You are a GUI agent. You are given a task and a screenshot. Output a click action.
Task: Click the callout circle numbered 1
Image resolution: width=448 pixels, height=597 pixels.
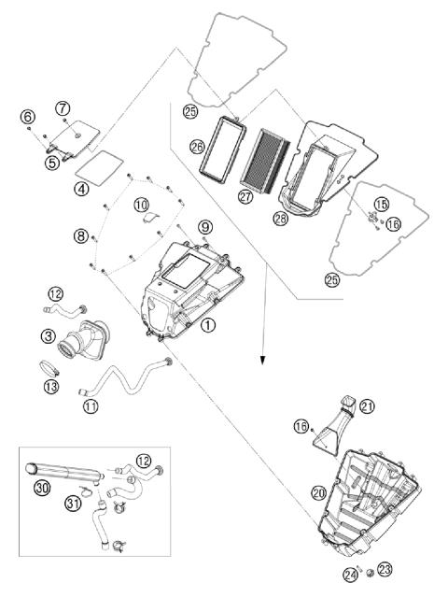coord(207,325)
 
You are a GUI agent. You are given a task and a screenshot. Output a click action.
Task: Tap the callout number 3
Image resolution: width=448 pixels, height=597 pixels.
coord(49,335)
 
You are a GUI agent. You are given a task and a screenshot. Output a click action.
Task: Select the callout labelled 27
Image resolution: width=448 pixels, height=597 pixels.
coord(245,196)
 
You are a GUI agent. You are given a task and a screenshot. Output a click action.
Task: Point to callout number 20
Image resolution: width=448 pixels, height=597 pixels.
coord(318,493)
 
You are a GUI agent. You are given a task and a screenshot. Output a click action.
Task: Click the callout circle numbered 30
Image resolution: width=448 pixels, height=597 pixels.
coord(41,488)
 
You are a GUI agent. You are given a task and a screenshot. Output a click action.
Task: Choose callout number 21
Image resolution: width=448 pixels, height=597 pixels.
coord(368,406)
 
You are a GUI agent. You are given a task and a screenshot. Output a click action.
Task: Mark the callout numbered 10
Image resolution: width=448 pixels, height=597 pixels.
coord(141,206)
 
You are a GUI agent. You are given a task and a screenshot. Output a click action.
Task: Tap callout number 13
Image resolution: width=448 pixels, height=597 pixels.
coord(51,387)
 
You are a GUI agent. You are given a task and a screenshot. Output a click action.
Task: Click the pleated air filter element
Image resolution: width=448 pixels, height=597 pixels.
coord(265,161)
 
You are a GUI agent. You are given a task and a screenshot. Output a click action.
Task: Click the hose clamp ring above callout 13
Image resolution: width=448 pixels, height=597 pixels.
coord(49,368)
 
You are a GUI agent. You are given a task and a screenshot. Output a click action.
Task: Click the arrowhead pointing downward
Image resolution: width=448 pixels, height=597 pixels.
coord(262,360)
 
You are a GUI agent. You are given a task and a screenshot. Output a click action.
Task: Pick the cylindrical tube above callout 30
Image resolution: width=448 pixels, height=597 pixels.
coord(64,470)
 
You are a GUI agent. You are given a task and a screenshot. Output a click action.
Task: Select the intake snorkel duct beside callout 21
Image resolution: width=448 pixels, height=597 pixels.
coord(335,427)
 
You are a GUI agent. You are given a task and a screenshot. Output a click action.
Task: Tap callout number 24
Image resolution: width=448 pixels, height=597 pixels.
coord(350,575)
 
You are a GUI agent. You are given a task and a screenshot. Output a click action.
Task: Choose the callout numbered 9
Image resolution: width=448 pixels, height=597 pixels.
coord(205,227)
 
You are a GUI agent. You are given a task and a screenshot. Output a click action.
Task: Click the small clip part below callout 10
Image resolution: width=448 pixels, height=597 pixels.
coord(151,218)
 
